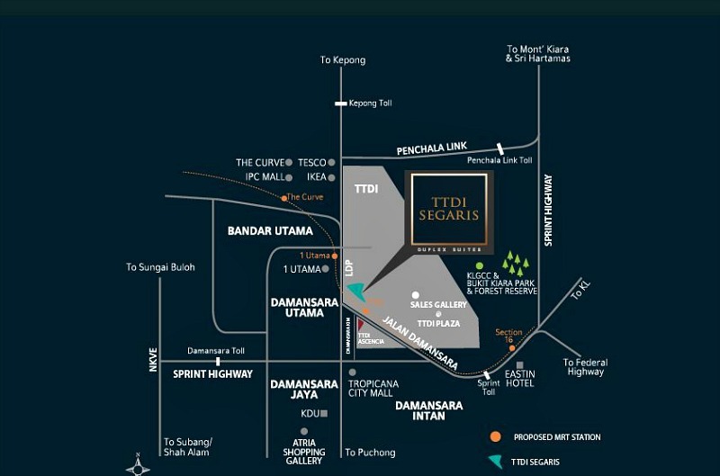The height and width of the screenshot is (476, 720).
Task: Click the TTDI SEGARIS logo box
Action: pyautogui.click(x=448, y=210)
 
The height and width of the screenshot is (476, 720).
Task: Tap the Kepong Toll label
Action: pyautogui.click(x=370, y=103)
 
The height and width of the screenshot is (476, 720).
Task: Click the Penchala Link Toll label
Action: pyautogui.click(x=499, y=161)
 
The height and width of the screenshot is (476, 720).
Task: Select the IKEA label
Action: pyautogui.click(x=315, y=177)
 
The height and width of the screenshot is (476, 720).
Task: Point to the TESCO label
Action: pyautogui.click(x=312, y=163)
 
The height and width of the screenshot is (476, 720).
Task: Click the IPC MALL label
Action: pyautogui.click(x=265, y=177)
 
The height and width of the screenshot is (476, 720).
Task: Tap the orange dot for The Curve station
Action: pyautogui.click(x=283, y=198)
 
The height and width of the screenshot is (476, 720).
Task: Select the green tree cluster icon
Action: pyautogui.click(x=516, y=264)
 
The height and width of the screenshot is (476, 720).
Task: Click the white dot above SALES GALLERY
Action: pyautogui.click(x=415, y=294)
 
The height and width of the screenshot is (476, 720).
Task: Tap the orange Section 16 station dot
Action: pyautogui.click(x=512, y=347)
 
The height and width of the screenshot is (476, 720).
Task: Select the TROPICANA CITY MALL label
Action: pyautogui.click(x=373, y=388)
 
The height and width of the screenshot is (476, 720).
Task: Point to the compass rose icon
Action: pyautogui.click(x=138, y=464)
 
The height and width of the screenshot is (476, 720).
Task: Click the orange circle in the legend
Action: pyautogui.click(x=495, y=437)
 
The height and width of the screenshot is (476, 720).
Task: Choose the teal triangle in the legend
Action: pyautogui.click(x=495, y=461)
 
